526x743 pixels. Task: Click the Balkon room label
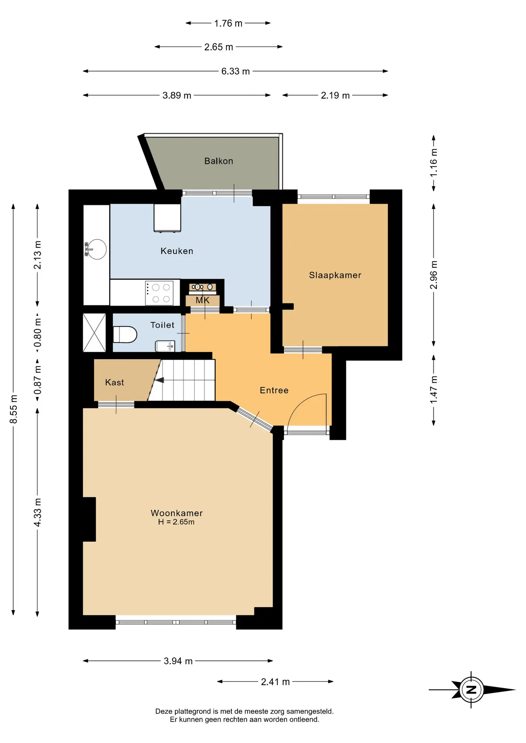point(218,161)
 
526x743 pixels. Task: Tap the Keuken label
point(177,251)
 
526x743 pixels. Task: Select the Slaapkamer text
point(335,276)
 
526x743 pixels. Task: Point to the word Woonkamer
point(177,513)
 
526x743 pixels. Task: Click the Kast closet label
point(115,382)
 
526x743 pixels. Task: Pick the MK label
point(203,300)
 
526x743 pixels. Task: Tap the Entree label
point(274,390)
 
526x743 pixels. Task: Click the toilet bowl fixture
point(125,335)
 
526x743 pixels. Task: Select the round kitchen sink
point(96,249)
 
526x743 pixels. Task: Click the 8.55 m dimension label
point(14,409)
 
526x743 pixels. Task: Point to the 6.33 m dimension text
point(235,71)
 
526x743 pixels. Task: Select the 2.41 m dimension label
point(275,682)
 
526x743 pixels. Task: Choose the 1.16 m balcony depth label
point(434,163)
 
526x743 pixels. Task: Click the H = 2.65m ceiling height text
point(176,522)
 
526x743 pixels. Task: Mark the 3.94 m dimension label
point(178,661)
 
